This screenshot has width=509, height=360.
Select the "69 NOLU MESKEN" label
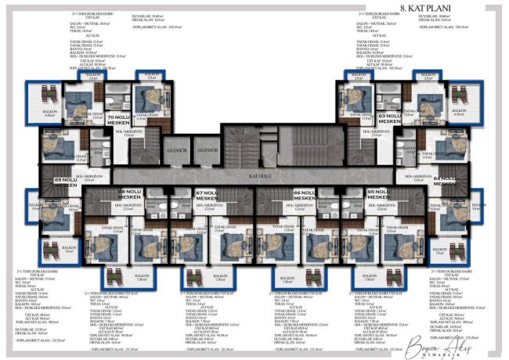pyautogui.click(x=66, y=182)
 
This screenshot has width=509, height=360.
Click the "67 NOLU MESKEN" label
pyautogui.click(x=207, y=194)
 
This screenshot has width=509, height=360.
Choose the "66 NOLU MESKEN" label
pyautogui.click(x=305, y=194)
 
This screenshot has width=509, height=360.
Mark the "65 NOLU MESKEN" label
pyautogui.click(x=378, y=194)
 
